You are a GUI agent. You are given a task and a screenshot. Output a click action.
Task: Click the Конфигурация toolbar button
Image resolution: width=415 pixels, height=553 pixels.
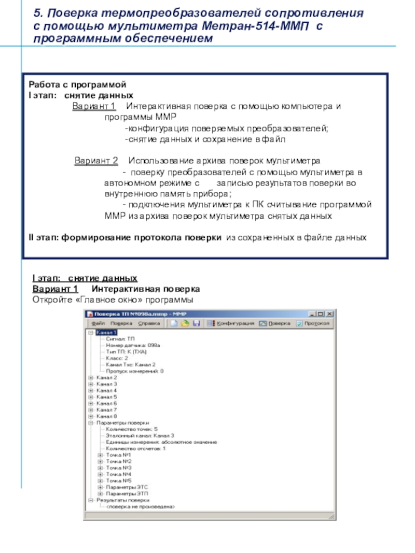pyautogui.click(x=230, y=323)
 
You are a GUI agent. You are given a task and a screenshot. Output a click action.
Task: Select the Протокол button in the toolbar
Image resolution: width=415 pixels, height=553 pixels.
pyautogui.click(x=314, y=323)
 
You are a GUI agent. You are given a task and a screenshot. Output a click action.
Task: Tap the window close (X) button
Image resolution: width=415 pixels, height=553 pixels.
pyautogui.click(x=329, y=314)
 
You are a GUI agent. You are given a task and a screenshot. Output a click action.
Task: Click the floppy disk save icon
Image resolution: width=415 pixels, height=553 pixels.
pyautogui.click(x=196, y=323)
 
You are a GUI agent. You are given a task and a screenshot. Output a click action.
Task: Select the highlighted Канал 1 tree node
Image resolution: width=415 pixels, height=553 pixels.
pyautogui.click(x=106, y=332)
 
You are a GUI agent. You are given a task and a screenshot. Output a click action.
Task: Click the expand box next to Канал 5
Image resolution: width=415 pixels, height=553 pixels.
pyautogui.click(x=91, y=396)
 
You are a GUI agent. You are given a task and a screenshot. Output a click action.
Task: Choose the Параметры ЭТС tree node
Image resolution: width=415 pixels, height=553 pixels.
pyautogui.click(x=127, y=487)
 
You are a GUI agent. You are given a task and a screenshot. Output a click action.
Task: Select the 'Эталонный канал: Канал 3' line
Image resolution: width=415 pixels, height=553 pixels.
pyautogui.click(x=140, y=435)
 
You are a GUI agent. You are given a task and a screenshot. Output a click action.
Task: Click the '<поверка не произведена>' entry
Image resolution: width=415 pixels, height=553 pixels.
pyautogui.click(x=141, y=506)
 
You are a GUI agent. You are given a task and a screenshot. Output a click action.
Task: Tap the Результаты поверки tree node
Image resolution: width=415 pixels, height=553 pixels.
pyautogui.click(x=122, y=500)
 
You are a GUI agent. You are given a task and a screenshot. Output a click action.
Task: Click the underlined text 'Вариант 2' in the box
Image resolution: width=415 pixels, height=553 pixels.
pyautogui.click(x=96, y=161)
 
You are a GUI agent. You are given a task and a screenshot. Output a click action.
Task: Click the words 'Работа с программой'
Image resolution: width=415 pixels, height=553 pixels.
pyautogui.click(x=77, y=84)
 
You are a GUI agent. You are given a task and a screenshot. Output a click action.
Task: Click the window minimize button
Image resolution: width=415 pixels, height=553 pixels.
pyautogui.click(x=312, y=314)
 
